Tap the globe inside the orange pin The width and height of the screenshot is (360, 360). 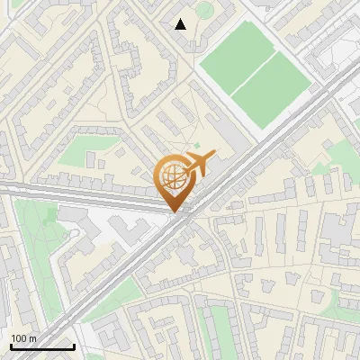[x=175, y=178]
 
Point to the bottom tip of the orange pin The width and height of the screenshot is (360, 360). [x=175, y=212]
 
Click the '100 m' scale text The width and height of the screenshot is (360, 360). [x=23, y=337]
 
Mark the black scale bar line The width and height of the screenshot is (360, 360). [x=42, y=346]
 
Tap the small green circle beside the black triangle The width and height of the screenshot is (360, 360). [x=205, y=10]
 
